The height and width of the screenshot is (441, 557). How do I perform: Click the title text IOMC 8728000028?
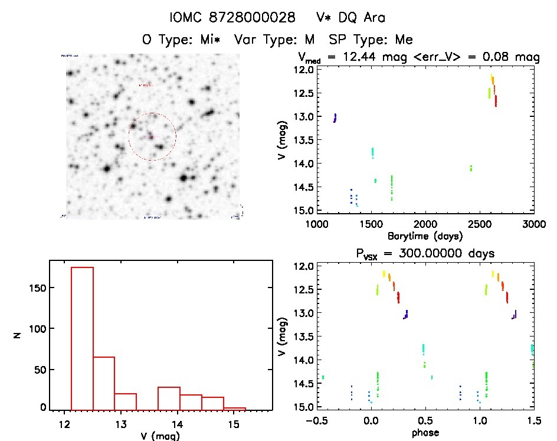232,17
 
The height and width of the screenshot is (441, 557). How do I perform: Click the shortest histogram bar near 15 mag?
234,408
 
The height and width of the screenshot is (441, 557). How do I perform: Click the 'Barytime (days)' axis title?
425,235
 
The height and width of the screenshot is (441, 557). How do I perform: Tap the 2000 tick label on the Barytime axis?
425,223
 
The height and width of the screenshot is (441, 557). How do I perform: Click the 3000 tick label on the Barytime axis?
533,223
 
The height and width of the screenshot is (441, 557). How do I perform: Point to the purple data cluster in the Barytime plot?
335,117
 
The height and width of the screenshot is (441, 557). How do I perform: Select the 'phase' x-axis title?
425,432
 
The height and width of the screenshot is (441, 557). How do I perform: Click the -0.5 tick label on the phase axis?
316,420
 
